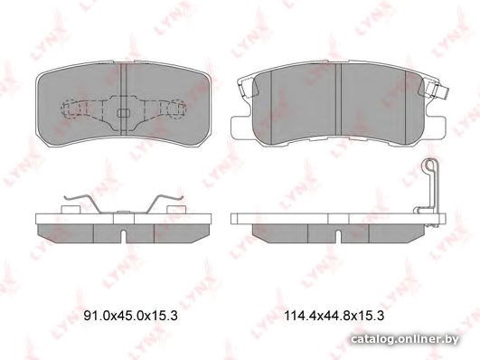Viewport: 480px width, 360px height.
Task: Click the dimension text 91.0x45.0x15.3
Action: click(131, 316)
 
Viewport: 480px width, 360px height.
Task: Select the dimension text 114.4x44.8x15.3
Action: click(334, 316)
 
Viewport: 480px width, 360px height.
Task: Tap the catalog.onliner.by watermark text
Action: click(405, 339)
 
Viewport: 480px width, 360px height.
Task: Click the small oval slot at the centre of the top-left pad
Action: click(123, 113)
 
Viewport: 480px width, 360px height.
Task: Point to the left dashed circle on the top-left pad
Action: click(71, 109)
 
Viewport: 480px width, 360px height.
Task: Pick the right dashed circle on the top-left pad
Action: click(177, 109)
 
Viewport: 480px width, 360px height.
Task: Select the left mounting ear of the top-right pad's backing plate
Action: click(241, 128)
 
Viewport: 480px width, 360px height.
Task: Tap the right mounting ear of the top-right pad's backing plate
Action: click(434, 128)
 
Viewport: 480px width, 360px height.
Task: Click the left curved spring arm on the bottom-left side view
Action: click(82, 203)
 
